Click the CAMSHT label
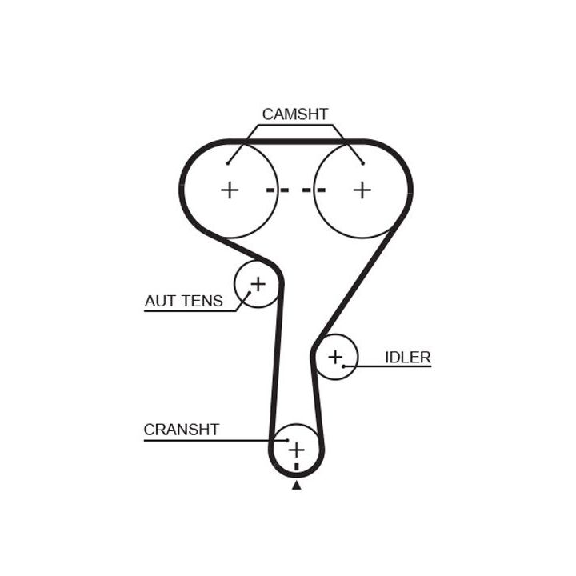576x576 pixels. coord(294,114)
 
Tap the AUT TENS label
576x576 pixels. coord(183,301)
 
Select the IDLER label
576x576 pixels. coord(407,357)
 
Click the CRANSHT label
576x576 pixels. coord(181,430)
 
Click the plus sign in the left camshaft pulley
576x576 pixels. coord(230,190)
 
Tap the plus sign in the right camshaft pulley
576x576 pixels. coord(362,190)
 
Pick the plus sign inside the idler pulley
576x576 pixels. coord(334,356)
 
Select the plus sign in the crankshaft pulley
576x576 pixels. coord(297,449)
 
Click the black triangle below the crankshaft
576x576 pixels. coord(297,485)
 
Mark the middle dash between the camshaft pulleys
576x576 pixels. coord(296,190)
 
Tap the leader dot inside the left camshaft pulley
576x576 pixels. coord(229,163)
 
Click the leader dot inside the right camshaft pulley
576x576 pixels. coord(362,163)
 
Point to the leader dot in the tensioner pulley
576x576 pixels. coord(249,293)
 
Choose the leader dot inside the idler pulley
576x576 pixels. coord(344,366)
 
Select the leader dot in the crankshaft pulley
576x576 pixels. coord(286,440)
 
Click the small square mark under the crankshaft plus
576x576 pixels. coord(297,466)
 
